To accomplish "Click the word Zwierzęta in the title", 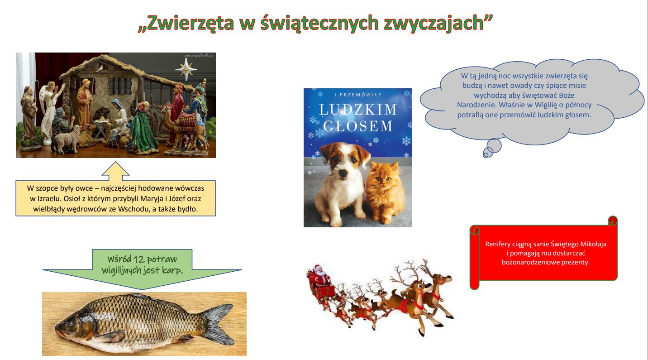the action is pos(190,23).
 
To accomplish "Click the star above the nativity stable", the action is pos(186,69).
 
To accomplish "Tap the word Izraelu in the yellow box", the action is pos(48,199).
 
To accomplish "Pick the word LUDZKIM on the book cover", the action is pos(358,110).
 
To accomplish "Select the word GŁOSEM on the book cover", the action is pos(358,126).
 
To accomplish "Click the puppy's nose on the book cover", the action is pos(343,173).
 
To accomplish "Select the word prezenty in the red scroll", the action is pos(576,263).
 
